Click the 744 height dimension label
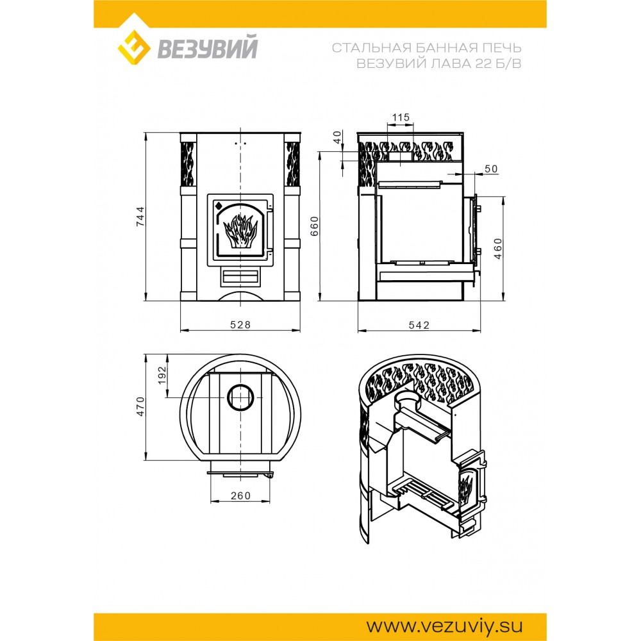point(140,217)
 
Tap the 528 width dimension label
point(240,324)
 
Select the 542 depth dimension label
point(419,325)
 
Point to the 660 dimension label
point(314,226)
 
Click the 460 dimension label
point(498,249)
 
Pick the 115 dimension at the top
point(401,117)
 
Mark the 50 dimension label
point(491,169)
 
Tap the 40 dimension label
point(337,137)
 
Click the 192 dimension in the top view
point(162,375)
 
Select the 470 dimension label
point(140,406)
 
